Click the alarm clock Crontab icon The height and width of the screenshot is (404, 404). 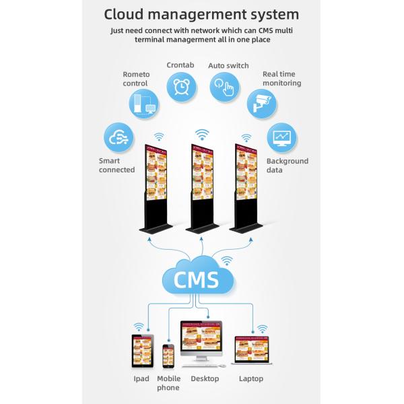[181, 87]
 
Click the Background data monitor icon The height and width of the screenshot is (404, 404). [281, 138]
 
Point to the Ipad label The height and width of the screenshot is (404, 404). [141, 378]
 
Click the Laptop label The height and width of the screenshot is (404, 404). [251, 378]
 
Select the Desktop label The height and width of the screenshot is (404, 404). [205, 378]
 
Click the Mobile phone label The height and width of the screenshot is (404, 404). [168, 382]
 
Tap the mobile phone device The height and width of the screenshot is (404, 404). [168, 356]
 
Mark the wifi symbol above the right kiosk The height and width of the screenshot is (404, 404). [246, 137]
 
